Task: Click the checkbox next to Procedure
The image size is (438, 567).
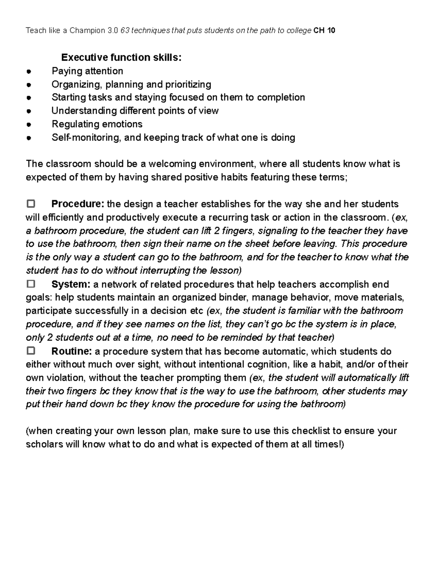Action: pyautogui.click(x=31, y=203)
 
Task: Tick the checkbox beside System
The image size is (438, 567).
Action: pyautogui.click(x=31, y=284)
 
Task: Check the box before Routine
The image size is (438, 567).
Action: pyautogui.click(x=31, y=351)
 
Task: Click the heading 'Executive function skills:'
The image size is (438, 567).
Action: pyautogui.click(x=121, y=57)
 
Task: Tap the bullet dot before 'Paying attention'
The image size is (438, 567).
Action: pyautogui.click(x=28, y=72)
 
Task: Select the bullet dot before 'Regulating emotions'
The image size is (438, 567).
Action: pyautogui.click(x=28, y=125)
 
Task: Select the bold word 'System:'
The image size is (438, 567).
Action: pyautogui.click(x=71, y=284)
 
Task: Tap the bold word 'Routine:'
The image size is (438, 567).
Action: pyautogui.click(x=72, y=351)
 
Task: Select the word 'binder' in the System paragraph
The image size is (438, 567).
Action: pyautogui.click(x=233, y=298)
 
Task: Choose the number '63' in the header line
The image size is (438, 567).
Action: pyautogui.click(x=124, y=31)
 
